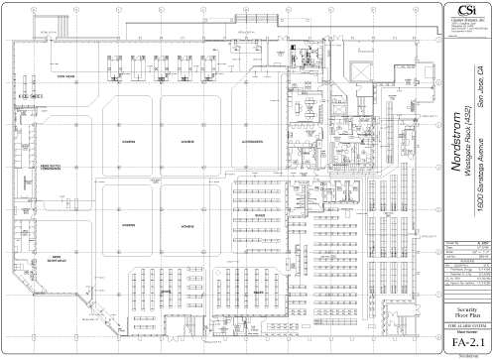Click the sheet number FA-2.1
pos(464,343)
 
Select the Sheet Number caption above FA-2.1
pos(464,333)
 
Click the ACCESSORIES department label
pos(236,143)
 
